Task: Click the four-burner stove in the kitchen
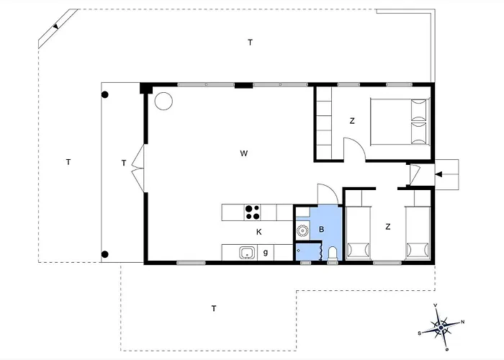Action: pos(252,212)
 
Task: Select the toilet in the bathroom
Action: pos(333,253)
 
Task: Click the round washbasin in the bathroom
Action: pos(302,230)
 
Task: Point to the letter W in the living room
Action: pos(244,153)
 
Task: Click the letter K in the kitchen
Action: pos(258,232)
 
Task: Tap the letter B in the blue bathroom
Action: pos(321,229)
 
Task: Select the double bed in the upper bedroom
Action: pos(400,122)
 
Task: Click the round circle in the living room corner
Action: pos(163,101)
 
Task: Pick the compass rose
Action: pos(441,327)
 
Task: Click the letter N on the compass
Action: pos(462,321)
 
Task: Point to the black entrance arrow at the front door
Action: pos(439,174)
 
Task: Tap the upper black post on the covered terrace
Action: pos(105,94)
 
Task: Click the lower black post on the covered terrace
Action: pos(105,255)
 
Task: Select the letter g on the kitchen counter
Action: pos(266,252)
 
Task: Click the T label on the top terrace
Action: pos(250,42)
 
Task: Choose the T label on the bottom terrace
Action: pos(214,309)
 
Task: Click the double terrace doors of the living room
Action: pos(138,168)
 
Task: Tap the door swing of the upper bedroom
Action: pos(355,148)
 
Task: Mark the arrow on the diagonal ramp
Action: pos(56,27)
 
